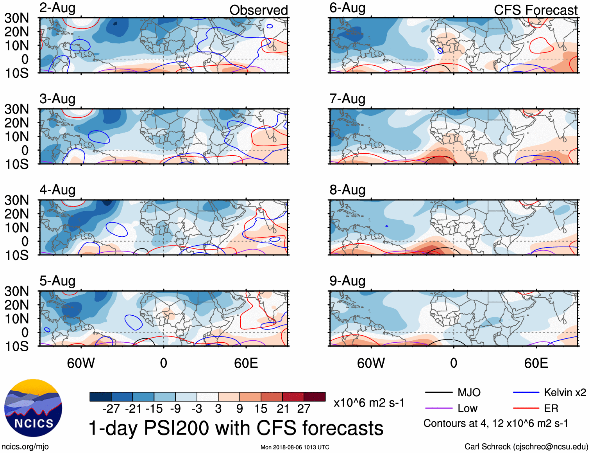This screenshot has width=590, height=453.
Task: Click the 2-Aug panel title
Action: pos(57,8)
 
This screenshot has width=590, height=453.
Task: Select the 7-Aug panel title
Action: pos(347,99)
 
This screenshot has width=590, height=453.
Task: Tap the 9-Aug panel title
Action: pos(347,281)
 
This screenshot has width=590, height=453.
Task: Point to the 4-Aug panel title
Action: pos(57,190)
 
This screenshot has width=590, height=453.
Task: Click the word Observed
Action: pos(258,10)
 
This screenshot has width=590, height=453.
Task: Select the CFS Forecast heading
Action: pos(535,10)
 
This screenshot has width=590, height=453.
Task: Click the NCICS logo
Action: pos(33,408)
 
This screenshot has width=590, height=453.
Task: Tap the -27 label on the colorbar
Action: pos(111,409)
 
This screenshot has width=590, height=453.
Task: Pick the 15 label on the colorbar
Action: pos(261,409)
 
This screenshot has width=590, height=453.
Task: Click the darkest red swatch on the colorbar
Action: pos(315,397)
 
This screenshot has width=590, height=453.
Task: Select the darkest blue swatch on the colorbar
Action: pos(100,397)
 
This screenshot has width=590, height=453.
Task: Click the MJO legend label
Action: pos(469,392)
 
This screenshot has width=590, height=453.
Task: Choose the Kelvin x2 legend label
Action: pos(565,392)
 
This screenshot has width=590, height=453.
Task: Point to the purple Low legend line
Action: pos(438,408)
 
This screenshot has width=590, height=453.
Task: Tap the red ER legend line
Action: pos(526,408)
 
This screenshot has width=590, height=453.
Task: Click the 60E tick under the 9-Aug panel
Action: pos(536,363)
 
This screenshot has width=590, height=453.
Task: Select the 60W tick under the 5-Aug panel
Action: pos(81,363)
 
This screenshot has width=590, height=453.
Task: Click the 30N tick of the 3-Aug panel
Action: pos(16,109)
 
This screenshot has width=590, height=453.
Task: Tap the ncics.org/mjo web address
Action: pos(25,447)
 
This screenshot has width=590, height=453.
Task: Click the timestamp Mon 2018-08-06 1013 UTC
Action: pos(295,447)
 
